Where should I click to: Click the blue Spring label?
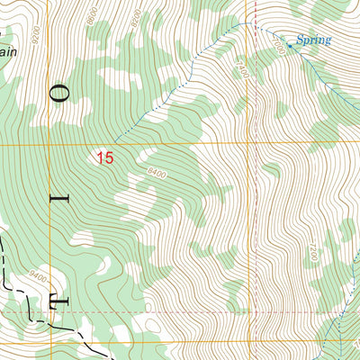[313, 40]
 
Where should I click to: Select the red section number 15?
[105, 158]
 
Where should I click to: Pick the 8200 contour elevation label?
[136, 17]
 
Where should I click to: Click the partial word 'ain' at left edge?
[9, 52]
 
